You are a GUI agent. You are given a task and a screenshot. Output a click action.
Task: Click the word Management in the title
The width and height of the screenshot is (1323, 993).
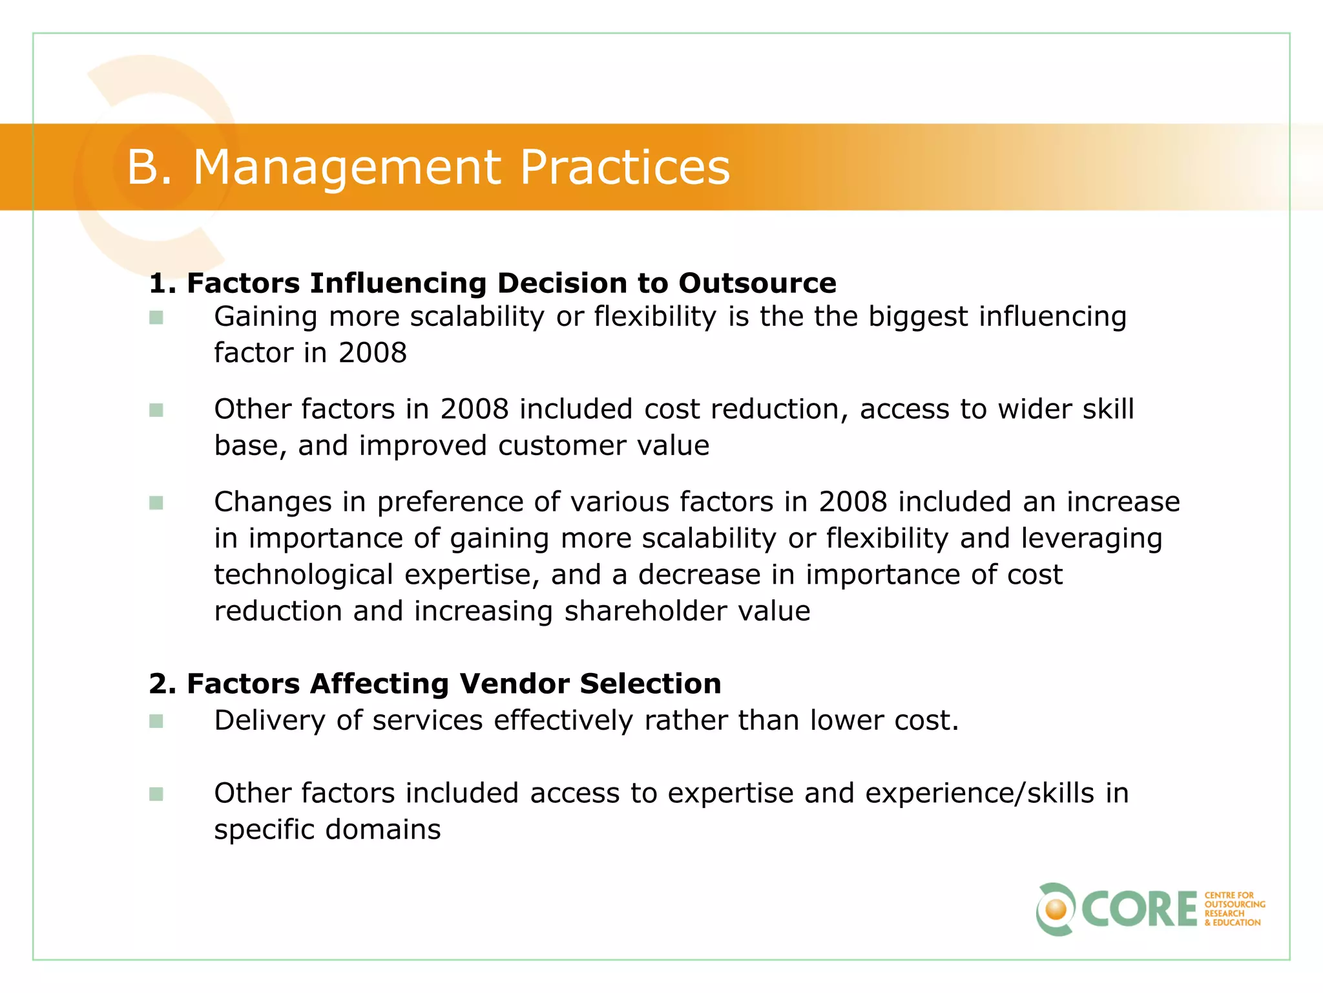(347, 167)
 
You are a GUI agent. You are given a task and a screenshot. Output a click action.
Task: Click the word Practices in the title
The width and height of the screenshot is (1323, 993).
(624, 167)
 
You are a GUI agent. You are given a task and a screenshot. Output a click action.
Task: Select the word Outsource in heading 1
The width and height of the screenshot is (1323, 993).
(757, 283)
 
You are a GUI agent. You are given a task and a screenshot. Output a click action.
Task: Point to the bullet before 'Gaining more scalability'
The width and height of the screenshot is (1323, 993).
(156, 317)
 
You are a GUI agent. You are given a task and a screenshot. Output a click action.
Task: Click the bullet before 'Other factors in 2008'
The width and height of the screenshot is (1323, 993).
(156, 411)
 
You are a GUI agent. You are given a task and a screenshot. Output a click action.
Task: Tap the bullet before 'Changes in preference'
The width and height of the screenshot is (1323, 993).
(156, 503)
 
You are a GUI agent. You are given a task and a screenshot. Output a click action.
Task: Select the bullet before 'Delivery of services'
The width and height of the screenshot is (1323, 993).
(156, 721)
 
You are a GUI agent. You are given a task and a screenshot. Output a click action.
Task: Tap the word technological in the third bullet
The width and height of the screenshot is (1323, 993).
(303, 575)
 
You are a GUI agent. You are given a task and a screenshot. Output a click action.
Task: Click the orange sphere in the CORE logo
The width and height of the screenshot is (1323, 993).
(1056, 910)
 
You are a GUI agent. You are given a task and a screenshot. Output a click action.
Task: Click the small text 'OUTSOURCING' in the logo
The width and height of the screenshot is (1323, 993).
(1234, 904)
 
